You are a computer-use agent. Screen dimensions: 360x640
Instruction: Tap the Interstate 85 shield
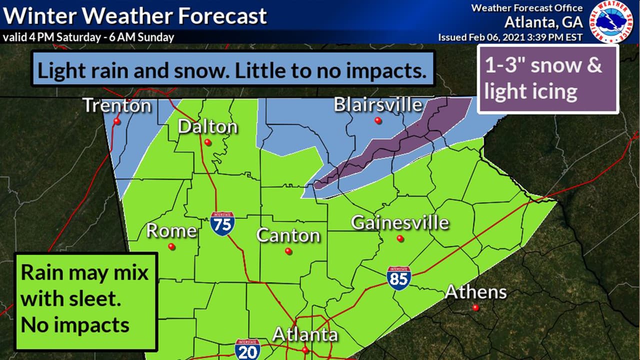pos(398,278)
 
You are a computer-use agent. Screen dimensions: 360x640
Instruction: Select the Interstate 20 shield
pos(247,349)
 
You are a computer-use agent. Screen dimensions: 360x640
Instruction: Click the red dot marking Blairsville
pos(378,120)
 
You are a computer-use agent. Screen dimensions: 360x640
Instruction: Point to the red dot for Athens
pos(475,308)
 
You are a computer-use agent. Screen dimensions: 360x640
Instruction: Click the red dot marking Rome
pos(171,246)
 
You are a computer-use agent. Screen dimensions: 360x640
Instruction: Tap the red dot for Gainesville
pos(400,239)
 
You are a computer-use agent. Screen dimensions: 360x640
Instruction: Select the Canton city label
pos(288,235)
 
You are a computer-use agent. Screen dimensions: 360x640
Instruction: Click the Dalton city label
pos(207,127)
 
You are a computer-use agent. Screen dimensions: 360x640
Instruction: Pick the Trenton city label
pos(117,105)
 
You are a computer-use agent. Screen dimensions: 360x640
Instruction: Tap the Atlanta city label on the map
pos(305,334)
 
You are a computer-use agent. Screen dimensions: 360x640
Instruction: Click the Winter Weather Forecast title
pos(135,16)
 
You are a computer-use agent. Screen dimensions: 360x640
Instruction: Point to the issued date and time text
pos(510,37)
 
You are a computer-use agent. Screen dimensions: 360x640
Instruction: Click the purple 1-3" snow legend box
pos(548,79)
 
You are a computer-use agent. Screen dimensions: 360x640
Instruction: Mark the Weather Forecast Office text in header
pos(527,8)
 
